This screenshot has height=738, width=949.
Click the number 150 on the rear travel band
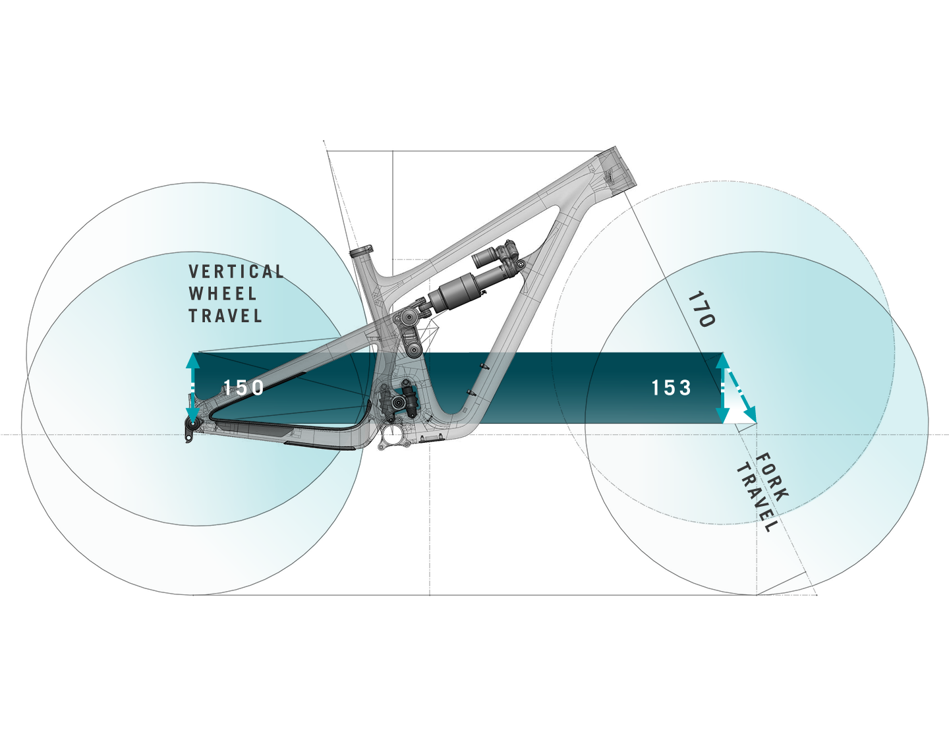[x=244, y=387]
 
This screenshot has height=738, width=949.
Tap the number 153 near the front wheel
[x=672, y=387]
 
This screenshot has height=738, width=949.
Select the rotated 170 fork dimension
[x=701, y=310]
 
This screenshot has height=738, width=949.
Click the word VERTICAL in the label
[x=236, y=271]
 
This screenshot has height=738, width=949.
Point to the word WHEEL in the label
[x=222, y=294]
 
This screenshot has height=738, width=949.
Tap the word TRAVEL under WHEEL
[x=225, y=316]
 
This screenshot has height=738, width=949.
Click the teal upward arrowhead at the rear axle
[x=192, y=360]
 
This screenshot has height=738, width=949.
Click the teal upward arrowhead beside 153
[x=723, y=360]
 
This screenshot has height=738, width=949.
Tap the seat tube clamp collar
[x=361, y=252]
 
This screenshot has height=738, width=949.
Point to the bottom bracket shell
[x=393, y=435]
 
